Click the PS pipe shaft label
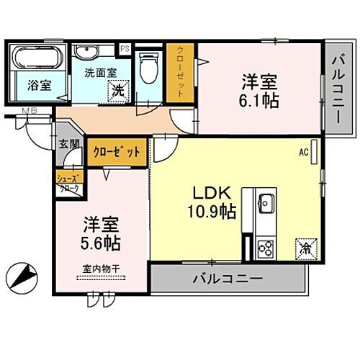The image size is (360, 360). click(125, 49)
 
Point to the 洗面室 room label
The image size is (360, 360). click(99, 72)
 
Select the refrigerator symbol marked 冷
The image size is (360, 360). click(305, 248)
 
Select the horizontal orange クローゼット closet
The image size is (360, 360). click(118, 152)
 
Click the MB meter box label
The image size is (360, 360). click(30, 110)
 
